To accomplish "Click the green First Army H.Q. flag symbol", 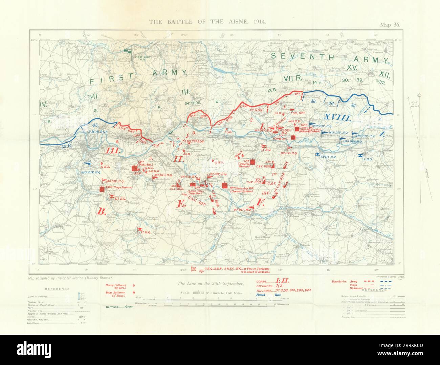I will pos(128,51).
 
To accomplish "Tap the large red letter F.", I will pos(261,203).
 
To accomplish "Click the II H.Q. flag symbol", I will pos(139,229).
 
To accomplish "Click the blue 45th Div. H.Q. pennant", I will pos(87,164).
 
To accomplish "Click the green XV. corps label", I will pos(352,67).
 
